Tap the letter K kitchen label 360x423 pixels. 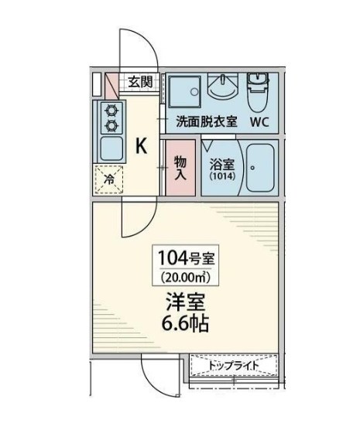coord(142,145)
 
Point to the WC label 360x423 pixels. coord(259,122)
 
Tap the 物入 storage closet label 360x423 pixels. coord(179,168)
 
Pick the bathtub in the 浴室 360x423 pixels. coord(259,167)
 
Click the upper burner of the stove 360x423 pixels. coord(111,110)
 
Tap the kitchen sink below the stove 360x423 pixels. coord(110,146)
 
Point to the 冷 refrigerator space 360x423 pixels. coord(109,177)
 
